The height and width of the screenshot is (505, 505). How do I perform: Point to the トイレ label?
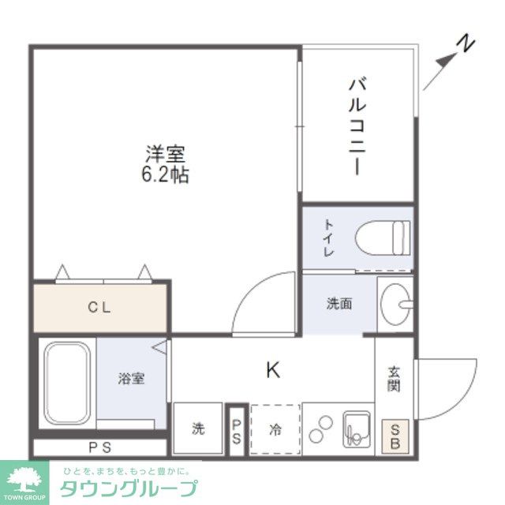point(327,238)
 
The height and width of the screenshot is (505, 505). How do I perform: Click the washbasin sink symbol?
point(395,302)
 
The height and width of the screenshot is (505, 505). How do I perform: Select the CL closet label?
point(99,307)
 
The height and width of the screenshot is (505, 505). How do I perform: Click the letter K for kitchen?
point(272,369)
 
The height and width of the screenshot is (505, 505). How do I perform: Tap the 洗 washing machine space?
point(198,429)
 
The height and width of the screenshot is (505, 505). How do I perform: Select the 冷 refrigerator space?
point(275,429)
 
